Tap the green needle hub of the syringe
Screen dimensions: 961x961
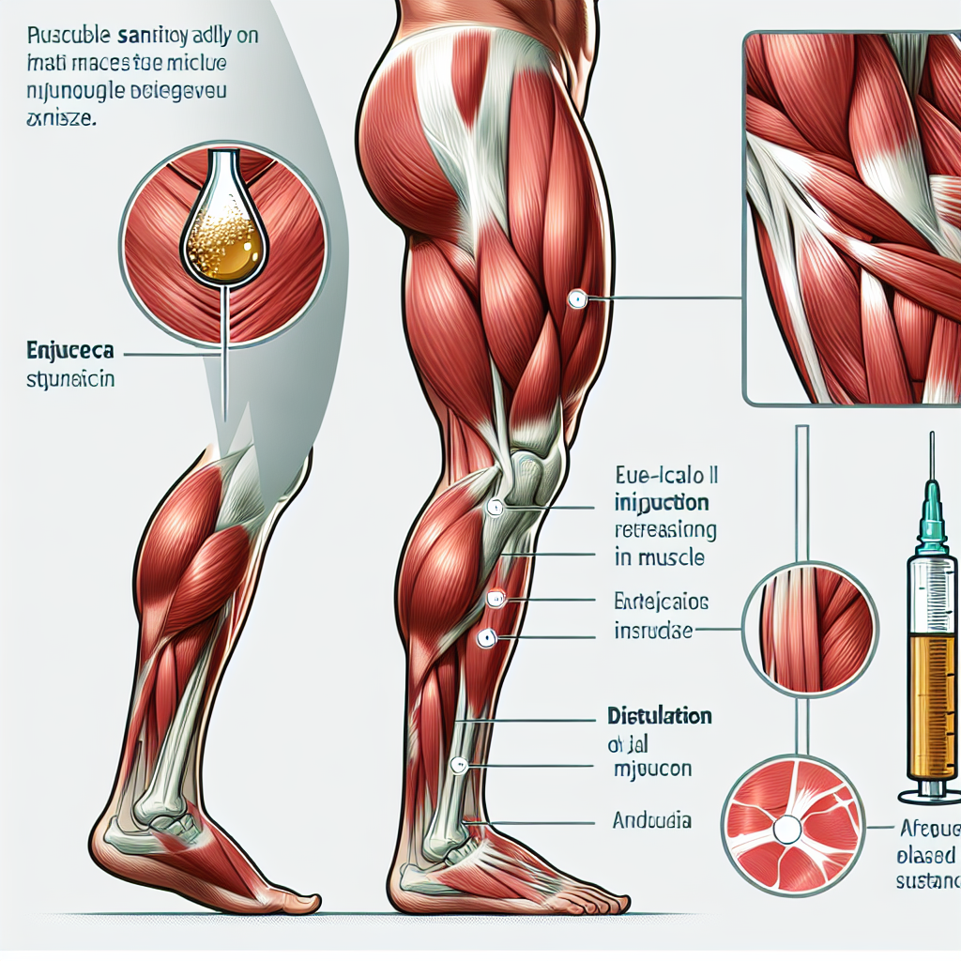(932, 511)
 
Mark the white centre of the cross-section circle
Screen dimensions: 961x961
(786, 828)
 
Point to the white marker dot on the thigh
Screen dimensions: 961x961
(576, 299)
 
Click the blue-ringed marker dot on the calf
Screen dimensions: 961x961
(485, 638)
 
